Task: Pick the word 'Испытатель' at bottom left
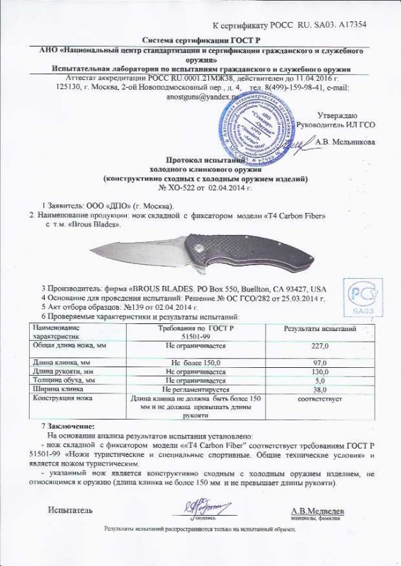(x=69, y=509)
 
